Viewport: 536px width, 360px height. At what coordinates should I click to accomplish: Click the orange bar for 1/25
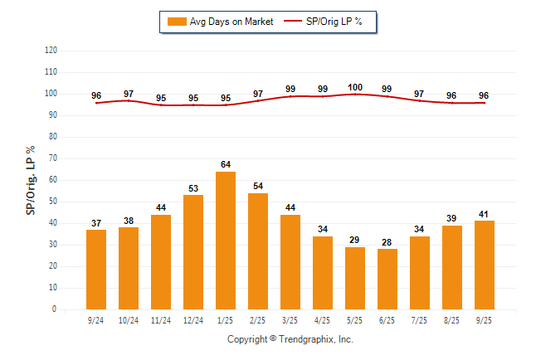(226, 241)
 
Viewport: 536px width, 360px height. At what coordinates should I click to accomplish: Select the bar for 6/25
(387, 279)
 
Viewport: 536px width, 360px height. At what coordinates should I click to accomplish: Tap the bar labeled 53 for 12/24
(193, 252)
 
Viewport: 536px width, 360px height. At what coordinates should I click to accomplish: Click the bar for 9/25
(485, 265)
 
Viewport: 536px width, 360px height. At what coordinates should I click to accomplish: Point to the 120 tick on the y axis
(51, 51)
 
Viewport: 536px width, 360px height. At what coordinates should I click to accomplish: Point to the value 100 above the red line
(355, 87)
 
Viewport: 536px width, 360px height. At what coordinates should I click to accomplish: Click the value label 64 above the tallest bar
(226, 164)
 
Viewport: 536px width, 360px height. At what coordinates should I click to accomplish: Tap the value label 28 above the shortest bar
(387, 241)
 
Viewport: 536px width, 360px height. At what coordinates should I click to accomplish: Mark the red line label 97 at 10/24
(129, 94)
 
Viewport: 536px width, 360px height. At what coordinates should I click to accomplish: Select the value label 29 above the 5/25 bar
(355, 240)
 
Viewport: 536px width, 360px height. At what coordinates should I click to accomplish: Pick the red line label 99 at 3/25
(290, 90)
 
